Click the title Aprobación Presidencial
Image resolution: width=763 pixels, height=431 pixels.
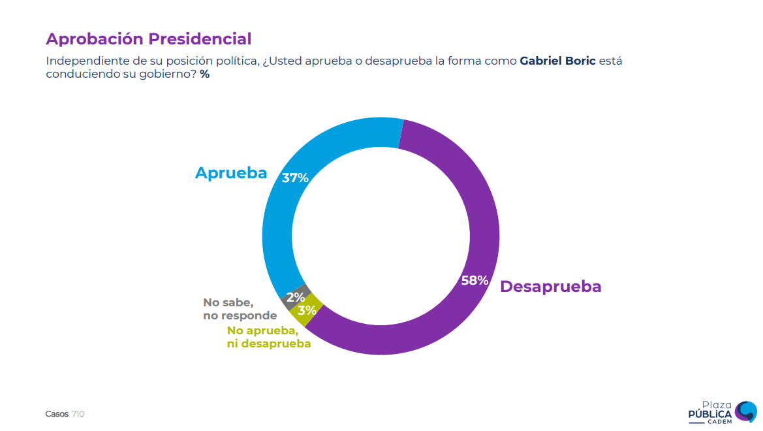[x=148, y=39]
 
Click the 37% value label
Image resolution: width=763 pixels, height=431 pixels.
[x=295, y=178]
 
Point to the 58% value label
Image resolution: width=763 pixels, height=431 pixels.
[x=475, y=281]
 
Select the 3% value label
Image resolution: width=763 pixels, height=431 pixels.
[x=307, y=311]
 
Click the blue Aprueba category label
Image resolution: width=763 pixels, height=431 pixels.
[x=231, y=173]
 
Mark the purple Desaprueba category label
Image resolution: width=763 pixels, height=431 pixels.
[x=550, y=287]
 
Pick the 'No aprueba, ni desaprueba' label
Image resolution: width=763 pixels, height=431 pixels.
[x=268, y=337]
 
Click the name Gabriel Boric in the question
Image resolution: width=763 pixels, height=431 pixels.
[x=557, y=61]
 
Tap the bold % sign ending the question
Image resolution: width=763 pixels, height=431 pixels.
[x=204, y=74]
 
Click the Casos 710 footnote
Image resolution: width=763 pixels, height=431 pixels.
[x=65, y=414]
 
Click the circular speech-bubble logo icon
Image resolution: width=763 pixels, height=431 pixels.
[x=745, y=411]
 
